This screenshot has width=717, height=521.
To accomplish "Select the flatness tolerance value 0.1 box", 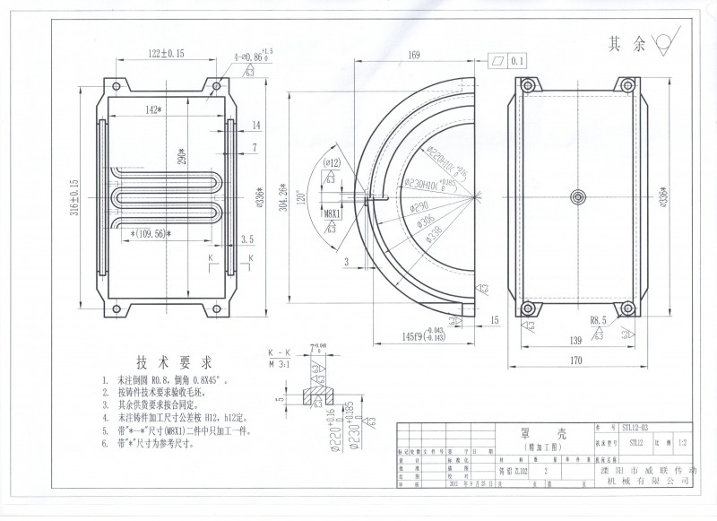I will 517,61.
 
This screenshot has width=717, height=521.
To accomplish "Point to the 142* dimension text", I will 151,109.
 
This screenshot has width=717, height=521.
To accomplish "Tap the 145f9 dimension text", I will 415,335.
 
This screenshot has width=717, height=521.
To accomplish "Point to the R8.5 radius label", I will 600,320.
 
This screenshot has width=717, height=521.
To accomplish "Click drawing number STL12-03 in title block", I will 637,429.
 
